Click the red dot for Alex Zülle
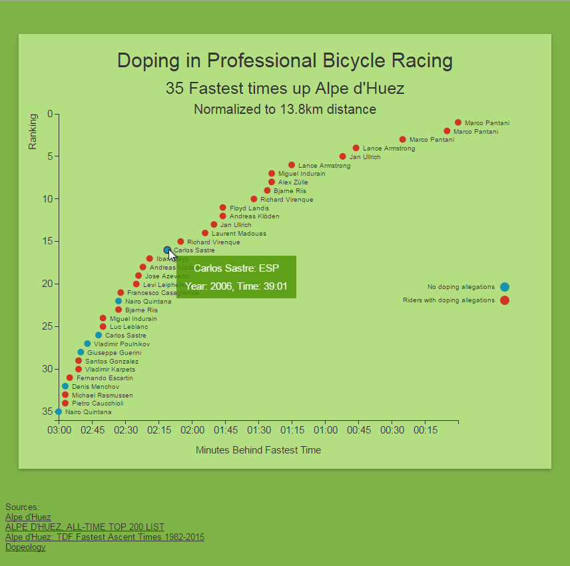[x=272, y=182]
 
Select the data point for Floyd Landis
[x=222, y=208]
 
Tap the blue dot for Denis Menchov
[x=65, y=386]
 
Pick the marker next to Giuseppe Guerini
[x=81, y=352]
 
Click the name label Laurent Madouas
[x=238, y=234]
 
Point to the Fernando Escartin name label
[x=105, y=378]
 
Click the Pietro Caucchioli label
[x=97, y=404]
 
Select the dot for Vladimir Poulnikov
[x=87, y=344]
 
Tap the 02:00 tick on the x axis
[x=192, y=431]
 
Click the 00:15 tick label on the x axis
[x=425, y=431]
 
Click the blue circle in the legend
[x=505, y=287]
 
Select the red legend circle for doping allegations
[x=505, y=300]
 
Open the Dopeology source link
[x=25, y=547]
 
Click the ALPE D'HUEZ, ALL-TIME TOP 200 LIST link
[x=85, y=527]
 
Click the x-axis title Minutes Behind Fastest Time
[x=258, y=450]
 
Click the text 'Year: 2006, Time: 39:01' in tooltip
[x=236, y=286]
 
